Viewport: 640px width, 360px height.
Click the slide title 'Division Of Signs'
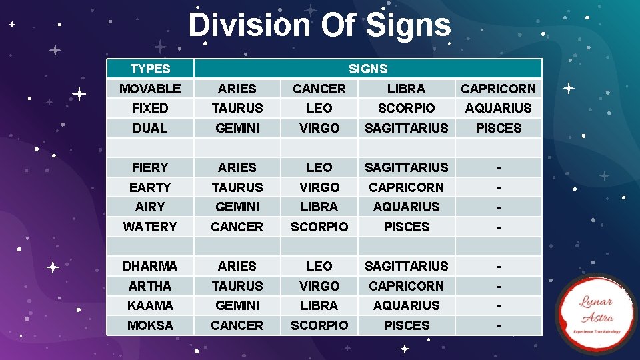click(x=319, y=26)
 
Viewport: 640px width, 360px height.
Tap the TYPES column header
click(x=150, y=69)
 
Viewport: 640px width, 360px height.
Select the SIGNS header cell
click(x=368, y=69)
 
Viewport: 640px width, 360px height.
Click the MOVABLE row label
click(x=150, y=89)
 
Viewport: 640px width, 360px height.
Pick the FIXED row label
click(x=150, y=108)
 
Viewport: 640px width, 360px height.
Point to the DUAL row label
click(x=150, y=128)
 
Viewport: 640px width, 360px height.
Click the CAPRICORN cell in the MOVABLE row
click(x=499, y=89)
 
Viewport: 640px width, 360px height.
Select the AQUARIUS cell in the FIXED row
click(x=499, y=108)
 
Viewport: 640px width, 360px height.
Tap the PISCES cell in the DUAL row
click(x=499, y=128)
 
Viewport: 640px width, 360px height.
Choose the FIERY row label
click(x=150, y=167)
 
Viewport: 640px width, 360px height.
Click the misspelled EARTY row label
click(x=150, y=187)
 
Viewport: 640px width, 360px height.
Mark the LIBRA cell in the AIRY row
click(x=319, y=207)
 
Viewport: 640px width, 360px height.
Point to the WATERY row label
click(x=150, y=227)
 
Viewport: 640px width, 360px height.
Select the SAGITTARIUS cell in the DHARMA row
click(x=407, y=266)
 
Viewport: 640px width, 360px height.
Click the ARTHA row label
click(x=150, y=286)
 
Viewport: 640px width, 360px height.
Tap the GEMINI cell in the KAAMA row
click(x=237, y=305)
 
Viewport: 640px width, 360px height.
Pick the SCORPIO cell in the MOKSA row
click(x=319, y=325)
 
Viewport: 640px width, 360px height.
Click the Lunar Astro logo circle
click(x=596, y=313)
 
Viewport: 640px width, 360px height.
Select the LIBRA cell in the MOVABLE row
click(x=407, y=89)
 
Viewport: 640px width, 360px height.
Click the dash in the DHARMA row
click(x=499, y=266)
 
